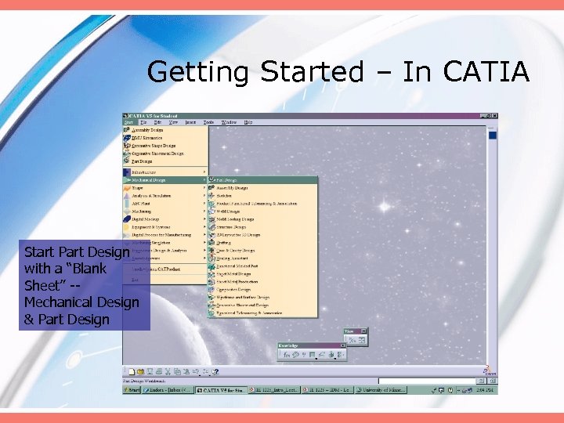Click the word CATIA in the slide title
[x=486, y=72]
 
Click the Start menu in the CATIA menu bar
[x=128, y=122]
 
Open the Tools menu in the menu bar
[x=208, y=122]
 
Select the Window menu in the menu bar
[x=229, y=122]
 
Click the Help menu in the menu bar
[x=248, y=122]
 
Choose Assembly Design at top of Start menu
[x=147, y=130]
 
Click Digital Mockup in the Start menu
[x=146, y=219]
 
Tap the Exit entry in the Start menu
[x=135, y=279]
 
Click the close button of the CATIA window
[x=493, y=116]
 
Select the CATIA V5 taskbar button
[x=222, y=389]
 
